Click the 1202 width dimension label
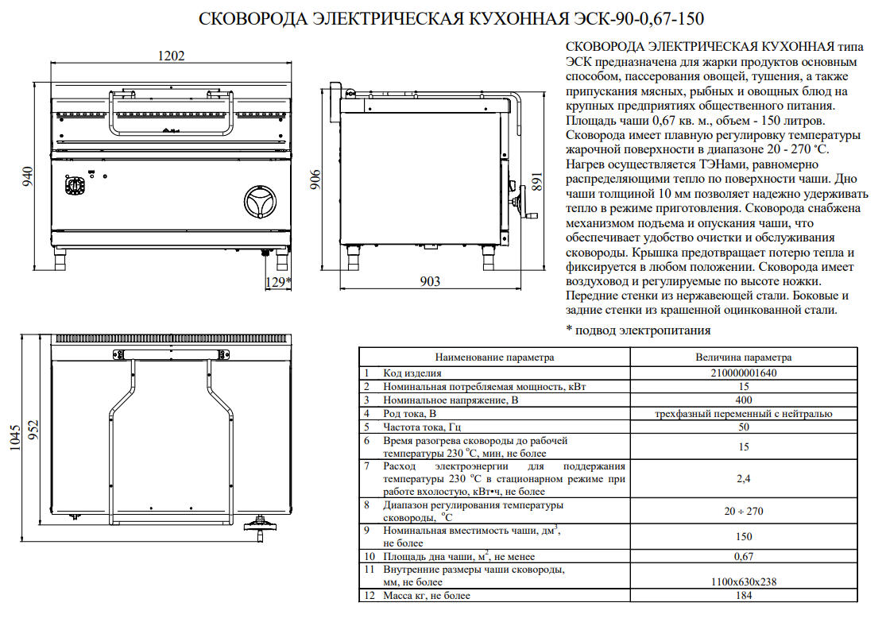(x=171, y=56)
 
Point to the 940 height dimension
(x=27, y=176)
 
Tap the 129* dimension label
(x=278, y=281)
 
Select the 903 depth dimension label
(x=429, y=281)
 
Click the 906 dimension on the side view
(x=315, y=179)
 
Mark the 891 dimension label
(x=537, y=181)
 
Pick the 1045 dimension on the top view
(x=14, y=438)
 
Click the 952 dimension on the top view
(x=34, y=431)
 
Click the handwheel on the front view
(x=261, y=201)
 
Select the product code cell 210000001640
(x=744, y=373)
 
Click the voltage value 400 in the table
(x=744, y=400)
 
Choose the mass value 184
(x=744, y=596)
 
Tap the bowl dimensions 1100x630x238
(x=744, y=582)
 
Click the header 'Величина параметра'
(x=744, y=357)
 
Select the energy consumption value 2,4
(x=744, y=478)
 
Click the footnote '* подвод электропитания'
(x=639, y=330)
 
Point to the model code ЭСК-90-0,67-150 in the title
(x=639, y=18)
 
